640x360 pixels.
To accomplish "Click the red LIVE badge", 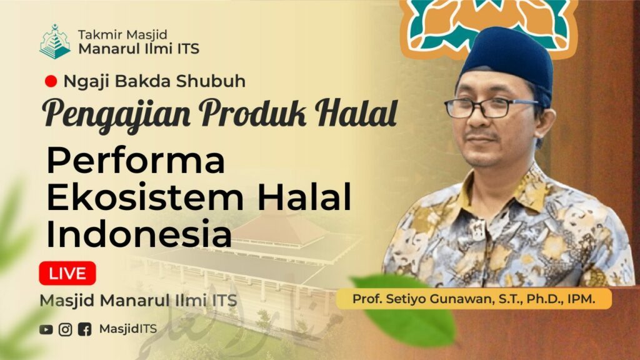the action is [67, 273].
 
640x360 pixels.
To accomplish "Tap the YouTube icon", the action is [46, 329].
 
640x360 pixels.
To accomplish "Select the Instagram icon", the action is [65, 329].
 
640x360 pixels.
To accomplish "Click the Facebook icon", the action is [84, 329].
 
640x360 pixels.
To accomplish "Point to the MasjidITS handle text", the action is [127, 329].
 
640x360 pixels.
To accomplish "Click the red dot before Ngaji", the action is [51, 81].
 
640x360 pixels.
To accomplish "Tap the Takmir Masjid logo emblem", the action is [55, 42].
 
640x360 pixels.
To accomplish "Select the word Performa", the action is [136, 161].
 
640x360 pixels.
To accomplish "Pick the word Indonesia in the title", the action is [139, 234].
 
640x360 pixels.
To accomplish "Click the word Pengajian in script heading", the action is [116, 114].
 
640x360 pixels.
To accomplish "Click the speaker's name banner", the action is [474, 299].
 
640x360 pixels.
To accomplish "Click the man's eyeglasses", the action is [490, 107].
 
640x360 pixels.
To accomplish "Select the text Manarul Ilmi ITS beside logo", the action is [139, 49].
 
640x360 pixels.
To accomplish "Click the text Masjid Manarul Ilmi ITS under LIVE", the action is [138, 301].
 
